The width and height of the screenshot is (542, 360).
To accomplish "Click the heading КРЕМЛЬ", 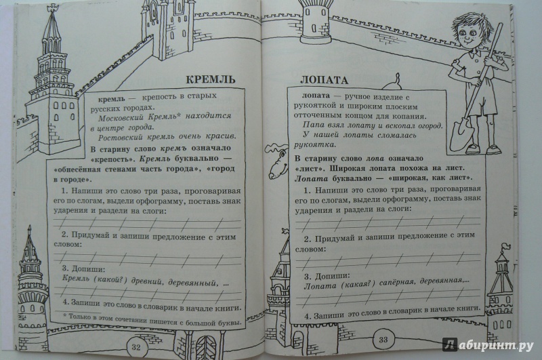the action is (x=211, y=79).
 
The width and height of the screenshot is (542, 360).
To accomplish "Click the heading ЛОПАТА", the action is (x=324, y=80).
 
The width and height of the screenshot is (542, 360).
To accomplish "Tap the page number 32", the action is (x=136, y=347).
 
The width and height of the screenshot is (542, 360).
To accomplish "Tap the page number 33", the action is (x=383, y=339).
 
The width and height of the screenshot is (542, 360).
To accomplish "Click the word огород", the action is (x=428, y=126).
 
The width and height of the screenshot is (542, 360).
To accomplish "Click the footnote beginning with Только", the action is (x=152, y=320).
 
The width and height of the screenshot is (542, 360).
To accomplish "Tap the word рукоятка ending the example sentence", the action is (x=314, y=144).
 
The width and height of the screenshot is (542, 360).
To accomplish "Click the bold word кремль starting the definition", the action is (x=112, y=99).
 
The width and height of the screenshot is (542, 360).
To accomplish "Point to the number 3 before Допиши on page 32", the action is (x=64, y=268).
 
